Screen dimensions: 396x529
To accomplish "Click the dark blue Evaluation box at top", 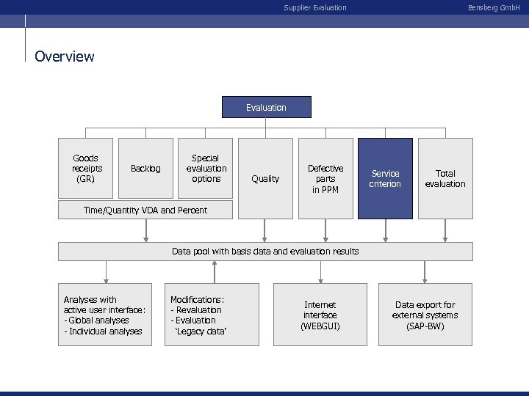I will tap(266, 108).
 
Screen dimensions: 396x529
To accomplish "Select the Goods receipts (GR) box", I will tap(86, 168).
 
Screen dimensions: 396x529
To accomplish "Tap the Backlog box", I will tap(145, 169).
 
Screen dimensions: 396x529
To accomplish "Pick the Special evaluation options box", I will tap(206, 168).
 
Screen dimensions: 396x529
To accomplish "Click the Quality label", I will tap(265, 178).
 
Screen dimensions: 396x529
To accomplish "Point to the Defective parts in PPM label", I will tap(325, 178).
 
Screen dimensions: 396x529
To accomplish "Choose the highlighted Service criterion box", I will tap(385, 178).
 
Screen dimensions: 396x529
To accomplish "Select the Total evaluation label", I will tap(445, 178).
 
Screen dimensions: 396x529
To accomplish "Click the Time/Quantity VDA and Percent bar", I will tap(145, 210).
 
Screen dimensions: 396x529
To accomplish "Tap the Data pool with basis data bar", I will tap(265, 252).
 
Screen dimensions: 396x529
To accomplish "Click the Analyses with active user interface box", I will tap(105, 315).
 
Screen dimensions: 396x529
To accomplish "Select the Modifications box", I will tap(214, 315).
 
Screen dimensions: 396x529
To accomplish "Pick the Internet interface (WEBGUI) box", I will tap(320, 315).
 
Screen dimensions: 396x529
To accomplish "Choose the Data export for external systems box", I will tap(425, 315).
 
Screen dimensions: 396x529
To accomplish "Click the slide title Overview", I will tap(65, 56).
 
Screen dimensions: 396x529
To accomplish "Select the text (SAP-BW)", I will tap(425, 326).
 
